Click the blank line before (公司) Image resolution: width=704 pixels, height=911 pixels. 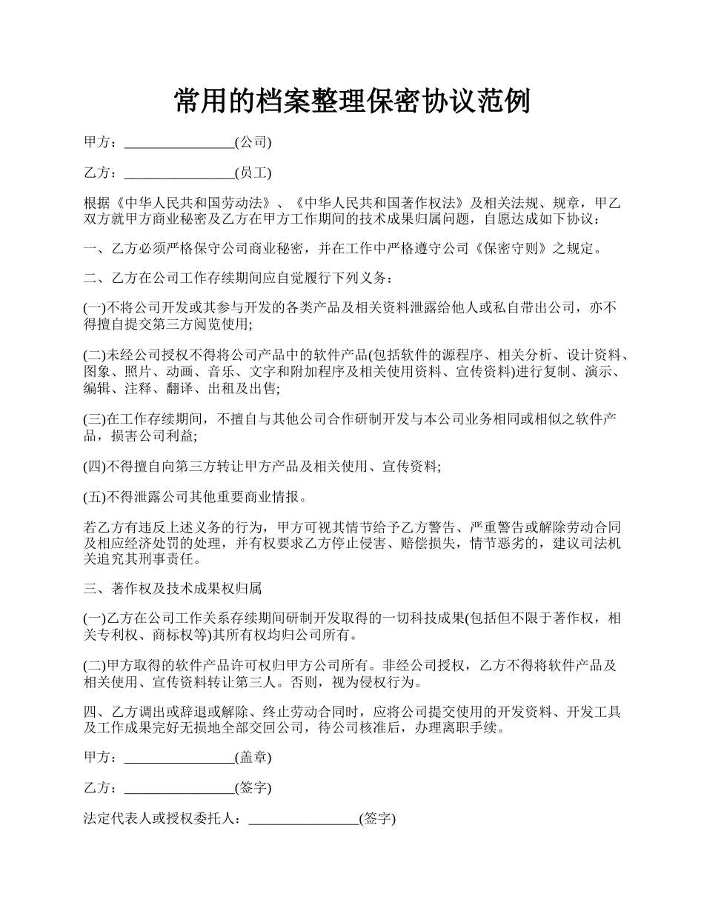[179, 141]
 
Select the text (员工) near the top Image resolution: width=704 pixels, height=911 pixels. [253, 173]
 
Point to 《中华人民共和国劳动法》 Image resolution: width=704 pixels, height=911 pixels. [187, 204]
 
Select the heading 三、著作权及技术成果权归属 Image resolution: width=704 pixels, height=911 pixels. [173, 589]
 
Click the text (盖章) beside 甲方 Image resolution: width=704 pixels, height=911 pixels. [253, 758]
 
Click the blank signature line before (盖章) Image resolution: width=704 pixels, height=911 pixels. [179, 758]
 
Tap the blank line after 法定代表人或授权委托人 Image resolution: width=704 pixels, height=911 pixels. [303, 819]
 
